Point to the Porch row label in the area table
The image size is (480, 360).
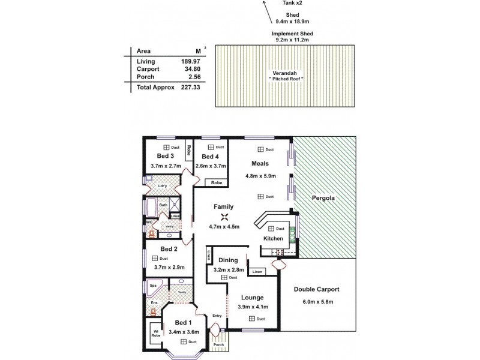(145, 77)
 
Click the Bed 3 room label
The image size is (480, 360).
(159, 156)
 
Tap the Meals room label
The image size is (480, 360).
(260, 163)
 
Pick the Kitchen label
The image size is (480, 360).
(273, 238)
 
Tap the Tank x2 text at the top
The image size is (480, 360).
(292, 3)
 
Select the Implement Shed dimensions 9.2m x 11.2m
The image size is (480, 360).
(292, 40)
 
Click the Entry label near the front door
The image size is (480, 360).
(217, 316)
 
